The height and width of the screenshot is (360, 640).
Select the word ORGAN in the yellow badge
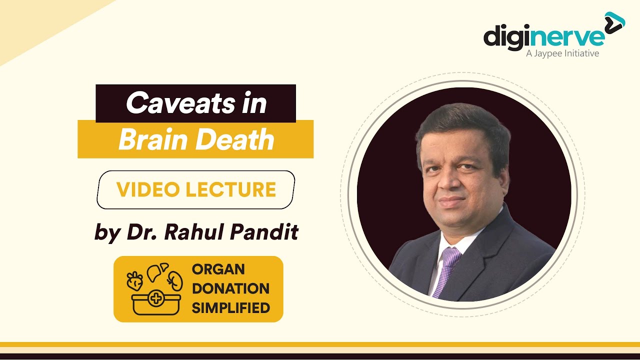click(x=218, y=269)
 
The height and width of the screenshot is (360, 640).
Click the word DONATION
click(x=230, y=288)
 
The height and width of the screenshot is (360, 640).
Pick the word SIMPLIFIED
click(x=230, y=307)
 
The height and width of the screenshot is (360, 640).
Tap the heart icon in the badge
click(x=135, y=281)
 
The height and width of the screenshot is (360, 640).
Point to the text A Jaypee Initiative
click(x=562, y=53)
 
